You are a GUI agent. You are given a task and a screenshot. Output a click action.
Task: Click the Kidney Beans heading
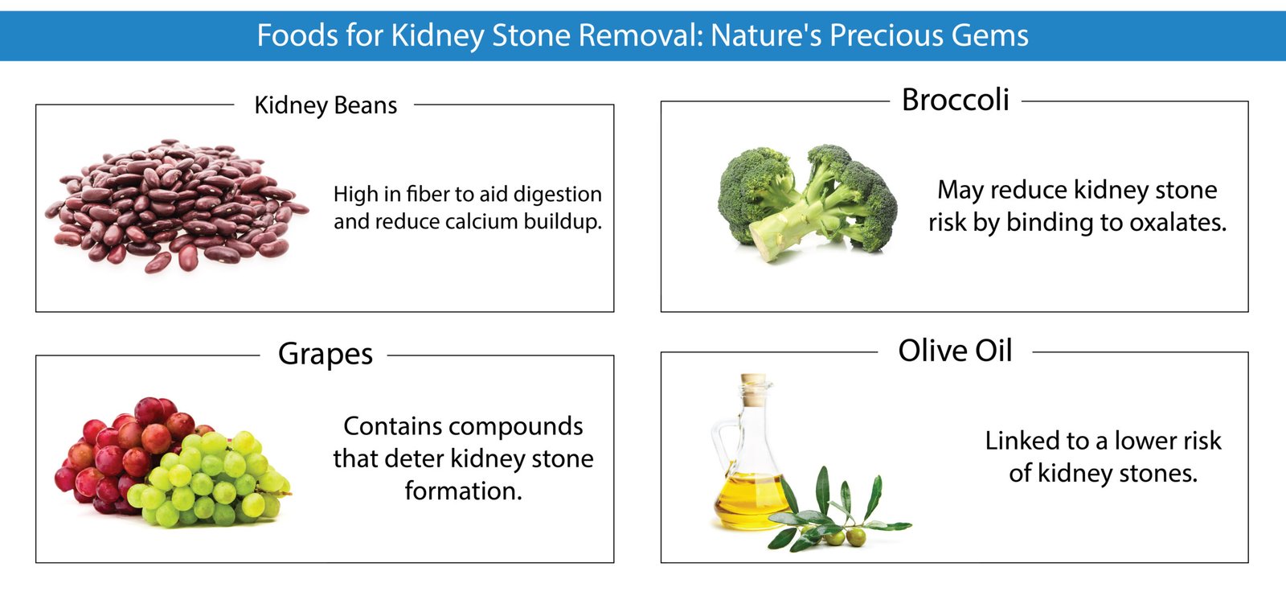[326, 105]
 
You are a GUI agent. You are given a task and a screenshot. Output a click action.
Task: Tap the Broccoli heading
[956, 100]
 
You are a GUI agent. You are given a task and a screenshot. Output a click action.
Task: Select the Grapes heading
[326, 354]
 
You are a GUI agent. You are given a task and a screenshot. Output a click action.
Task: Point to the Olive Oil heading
[956, 351]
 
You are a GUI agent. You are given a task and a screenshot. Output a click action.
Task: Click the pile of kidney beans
[176, 206]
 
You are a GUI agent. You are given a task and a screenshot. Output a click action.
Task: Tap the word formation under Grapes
[463, 491]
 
